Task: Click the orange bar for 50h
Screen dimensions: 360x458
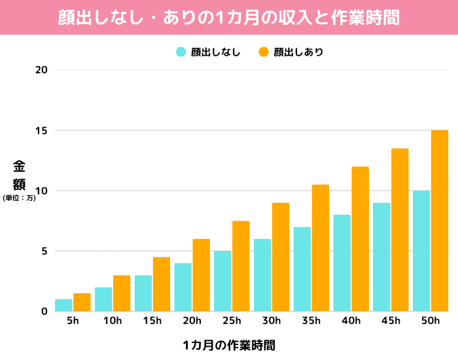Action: click(x=440, y=221)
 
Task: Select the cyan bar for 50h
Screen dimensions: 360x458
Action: click(x=421, y=251)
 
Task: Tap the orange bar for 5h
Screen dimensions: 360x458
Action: click(x=82, y=302)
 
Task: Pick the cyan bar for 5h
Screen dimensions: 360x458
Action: click(x=63, y=305)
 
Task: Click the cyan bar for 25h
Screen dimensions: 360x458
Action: click(x=222, y=281)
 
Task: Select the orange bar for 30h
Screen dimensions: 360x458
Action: click(x=281, y=257)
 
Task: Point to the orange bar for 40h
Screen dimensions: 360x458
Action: click(x=360, y=239)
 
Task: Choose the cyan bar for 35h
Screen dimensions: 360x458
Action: click(x=302, y=269)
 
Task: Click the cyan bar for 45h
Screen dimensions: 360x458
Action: click(x=381, y=257)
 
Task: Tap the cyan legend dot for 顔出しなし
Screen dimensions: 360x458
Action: click(x=181, y=52)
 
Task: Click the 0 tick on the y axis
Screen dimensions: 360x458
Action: click(x=44, y=311)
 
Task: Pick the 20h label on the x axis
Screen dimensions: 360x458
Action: click(x=192, y=321)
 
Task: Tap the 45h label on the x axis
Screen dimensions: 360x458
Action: click(x=391, y=321)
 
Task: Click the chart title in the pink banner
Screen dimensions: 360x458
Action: click(x=229, y=17)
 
